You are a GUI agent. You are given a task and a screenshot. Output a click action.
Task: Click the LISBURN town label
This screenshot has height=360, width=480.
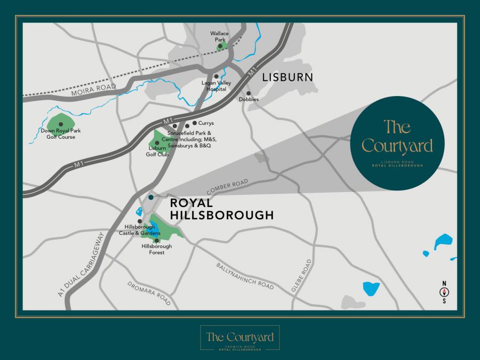[287, 78]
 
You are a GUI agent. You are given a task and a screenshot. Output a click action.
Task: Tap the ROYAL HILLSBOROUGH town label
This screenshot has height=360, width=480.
[221, 209]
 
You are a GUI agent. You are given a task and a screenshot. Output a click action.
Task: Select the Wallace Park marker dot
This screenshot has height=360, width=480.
[220, 46]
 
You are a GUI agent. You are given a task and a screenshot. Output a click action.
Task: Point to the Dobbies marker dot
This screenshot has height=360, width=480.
[249, 93]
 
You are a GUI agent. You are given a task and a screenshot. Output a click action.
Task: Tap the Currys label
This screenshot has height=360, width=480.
[206, 123]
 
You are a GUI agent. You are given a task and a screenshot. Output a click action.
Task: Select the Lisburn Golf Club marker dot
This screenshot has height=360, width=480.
[157, 143]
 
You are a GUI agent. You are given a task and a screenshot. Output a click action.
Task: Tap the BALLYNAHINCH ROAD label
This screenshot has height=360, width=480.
[245, 276]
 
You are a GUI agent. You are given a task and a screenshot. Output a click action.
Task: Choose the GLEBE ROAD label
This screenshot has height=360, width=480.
[301, 276]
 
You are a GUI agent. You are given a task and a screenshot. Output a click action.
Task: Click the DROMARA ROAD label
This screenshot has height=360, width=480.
[149, 294]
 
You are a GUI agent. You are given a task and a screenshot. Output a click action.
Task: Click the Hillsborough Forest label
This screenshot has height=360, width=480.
[157, 249]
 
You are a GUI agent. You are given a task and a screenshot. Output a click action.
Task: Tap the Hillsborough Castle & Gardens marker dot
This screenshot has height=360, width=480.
[140, 221]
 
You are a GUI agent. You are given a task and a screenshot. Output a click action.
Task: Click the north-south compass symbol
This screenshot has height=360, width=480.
[443, 292]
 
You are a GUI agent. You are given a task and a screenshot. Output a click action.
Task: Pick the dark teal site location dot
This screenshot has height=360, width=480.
[151, 197]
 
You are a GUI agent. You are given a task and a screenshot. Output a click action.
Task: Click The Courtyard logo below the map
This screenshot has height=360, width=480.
[239, 338]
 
